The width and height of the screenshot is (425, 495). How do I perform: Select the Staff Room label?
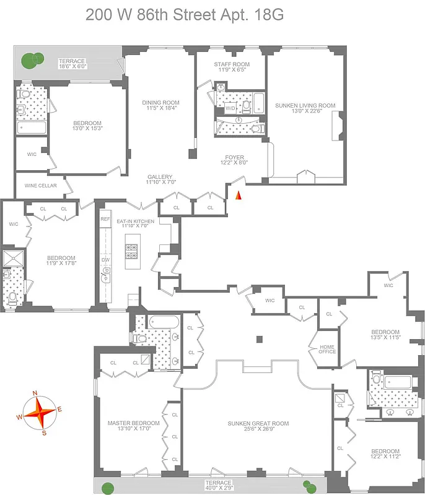pyautogui.click(x=232, y=67)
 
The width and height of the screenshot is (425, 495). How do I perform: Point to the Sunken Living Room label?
pyautogui.click(x=305, y=109)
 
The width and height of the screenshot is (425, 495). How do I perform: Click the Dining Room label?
pyautogui.click(x=160, y=105)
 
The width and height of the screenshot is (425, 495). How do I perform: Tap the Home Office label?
pyautogui.click(x=327, y=349)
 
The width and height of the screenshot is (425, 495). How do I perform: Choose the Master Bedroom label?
pyautogui.click(x=133, y=426)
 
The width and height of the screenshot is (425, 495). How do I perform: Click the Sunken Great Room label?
pyautogui.click(x=258, y=426)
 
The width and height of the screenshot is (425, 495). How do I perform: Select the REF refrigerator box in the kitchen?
pyautogui.click(x=105, y=219)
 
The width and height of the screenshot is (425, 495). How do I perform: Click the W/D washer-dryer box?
pyautogui.click(x=230, y=108)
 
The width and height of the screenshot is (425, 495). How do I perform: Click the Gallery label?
pyautogui.click(x=160, y=179)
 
